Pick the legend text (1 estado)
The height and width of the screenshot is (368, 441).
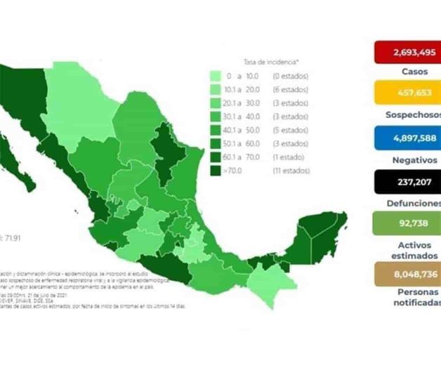(288, 157)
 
